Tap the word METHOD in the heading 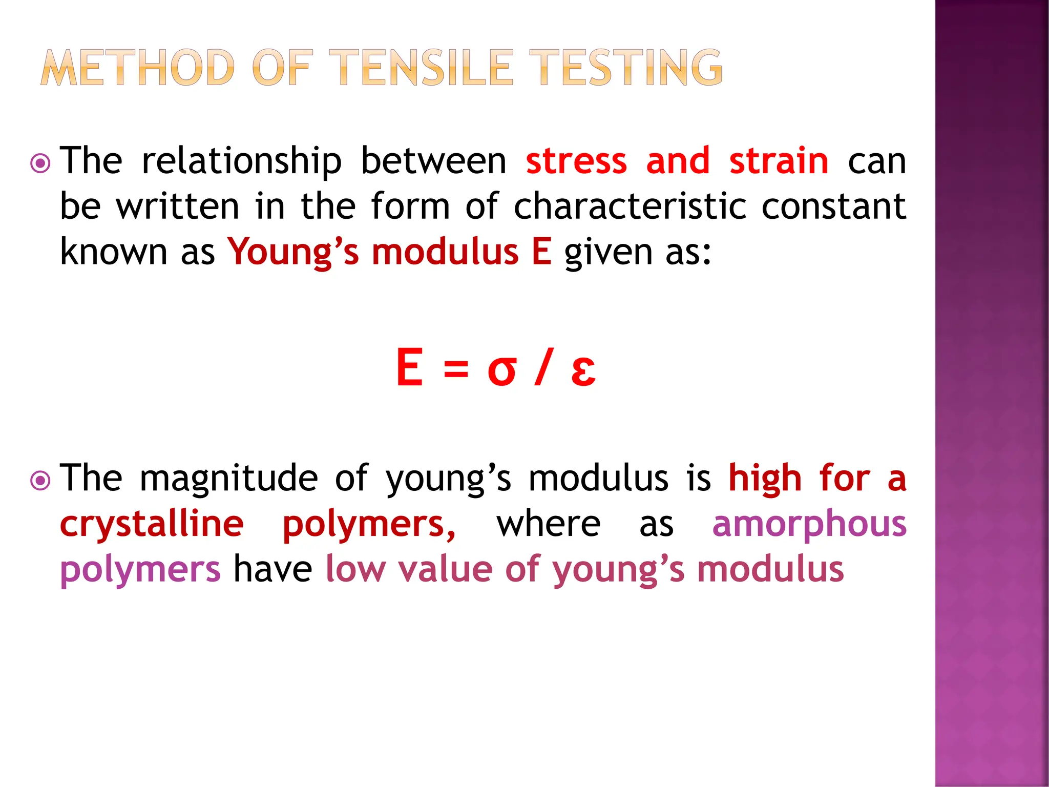[x=137, y=68]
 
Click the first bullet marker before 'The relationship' [x=40, y=164]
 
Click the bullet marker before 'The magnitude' [x=40, y=481]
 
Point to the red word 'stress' [x=576, y=161]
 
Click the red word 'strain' [x=779, y=161]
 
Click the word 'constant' [x=834, y=206]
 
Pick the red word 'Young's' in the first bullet [x=293, y=253]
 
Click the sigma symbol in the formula [x=501, y=370]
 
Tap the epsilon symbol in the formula [x=583, y=370]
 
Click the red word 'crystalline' [x=152, y=524]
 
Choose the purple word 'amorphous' [x=809, y=524]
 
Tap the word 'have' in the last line [x=272, y=569]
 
